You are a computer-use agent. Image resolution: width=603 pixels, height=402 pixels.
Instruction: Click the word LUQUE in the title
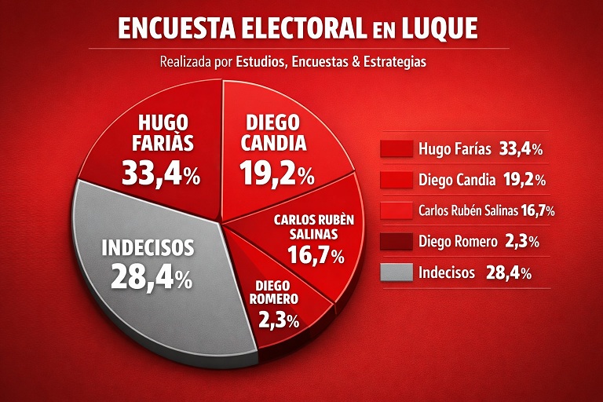[x=440, y=28]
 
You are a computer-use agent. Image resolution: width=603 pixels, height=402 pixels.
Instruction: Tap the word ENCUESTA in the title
[x=177, y=28]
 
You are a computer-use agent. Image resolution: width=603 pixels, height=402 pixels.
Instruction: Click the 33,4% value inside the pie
[x=161, y=173]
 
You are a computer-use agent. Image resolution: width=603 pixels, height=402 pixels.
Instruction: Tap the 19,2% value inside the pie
[x=277, y=173]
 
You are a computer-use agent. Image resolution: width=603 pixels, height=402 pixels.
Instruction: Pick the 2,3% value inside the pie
[x=279, y=320]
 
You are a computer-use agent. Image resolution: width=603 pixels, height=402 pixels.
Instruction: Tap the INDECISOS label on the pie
[x=148, y=248]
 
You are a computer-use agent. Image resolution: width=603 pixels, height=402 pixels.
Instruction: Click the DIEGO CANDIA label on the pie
[x=273, y=133]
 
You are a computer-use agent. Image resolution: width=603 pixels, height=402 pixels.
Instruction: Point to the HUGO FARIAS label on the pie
[x=163, y=133]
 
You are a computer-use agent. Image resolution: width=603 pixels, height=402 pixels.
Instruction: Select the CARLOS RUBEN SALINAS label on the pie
[x=314, y=227]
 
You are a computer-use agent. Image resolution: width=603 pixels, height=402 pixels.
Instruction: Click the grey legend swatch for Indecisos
[x=397, y=272]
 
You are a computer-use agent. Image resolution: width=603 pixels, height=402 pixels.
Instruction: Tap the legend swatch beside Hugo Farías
[x=397, y=148]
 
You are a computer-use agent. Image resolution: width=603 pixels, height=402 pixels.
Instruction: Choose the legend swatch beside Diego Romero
[x=397, y=242]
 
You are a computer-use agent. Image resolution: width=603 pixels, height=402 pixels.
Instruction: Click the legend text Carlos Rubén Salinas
[x=469, y=210]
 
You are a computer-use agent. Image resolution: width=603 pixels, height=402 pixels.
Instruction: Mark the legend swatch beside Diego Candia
[x=397, y=180]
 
